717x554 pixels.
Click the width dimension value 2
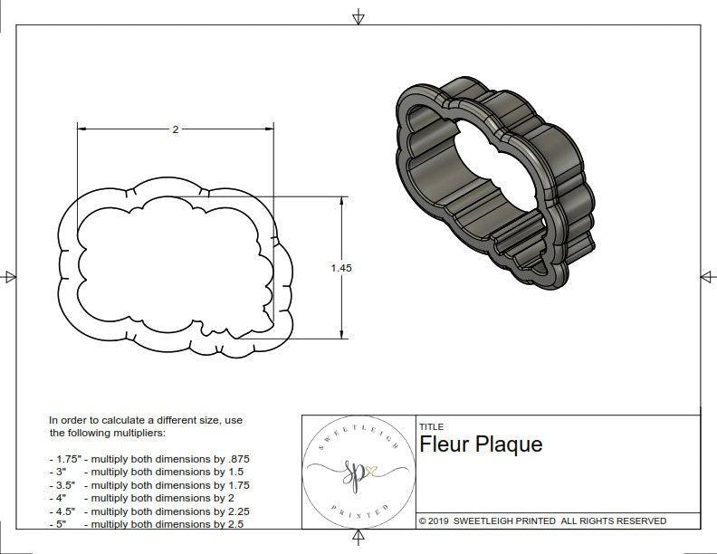175,129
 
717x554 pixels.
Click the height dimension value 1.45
341,267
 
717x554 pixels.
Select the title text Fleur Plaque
481,444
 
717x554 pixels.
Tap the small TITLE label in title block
431,426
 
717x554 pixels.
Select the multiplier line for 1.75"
148,459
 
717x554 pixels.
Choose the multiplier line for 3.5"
148,485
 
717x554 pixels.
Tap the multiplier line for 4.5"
148,511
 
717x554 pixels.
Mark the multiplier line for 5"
145,523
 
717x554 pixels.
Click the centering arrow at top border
358,17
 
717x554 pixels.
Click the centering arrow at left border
10,277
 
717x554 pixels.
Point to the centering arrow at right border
707,277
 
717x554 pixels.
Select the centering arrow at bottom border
358,539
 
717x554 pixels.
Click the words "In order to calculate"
94,420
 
